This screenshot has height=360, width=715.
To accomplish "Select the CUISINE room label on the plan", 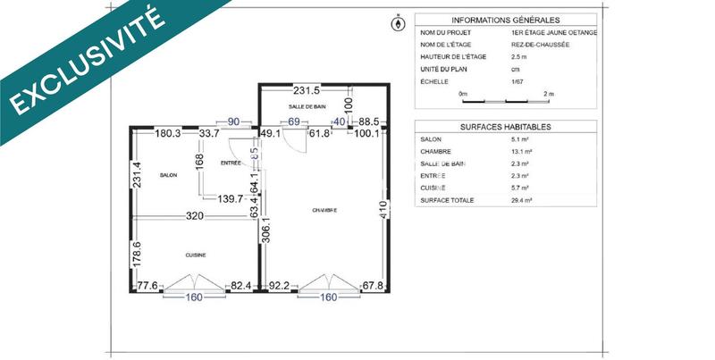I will [197, 255].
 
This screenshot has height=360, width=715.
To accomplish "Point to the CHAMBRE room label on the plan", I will [324, 211].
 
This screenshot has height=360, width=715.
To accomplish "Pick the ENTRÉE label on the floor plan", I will [231, 163].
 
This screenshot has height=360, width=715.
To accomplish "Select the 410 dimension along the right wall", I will [383, 211].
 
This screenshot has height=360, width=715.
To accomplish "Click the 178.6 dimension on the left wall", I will [138, 255].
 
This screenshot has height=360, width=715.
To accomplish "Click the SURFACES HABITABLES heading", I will [505, 127].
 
